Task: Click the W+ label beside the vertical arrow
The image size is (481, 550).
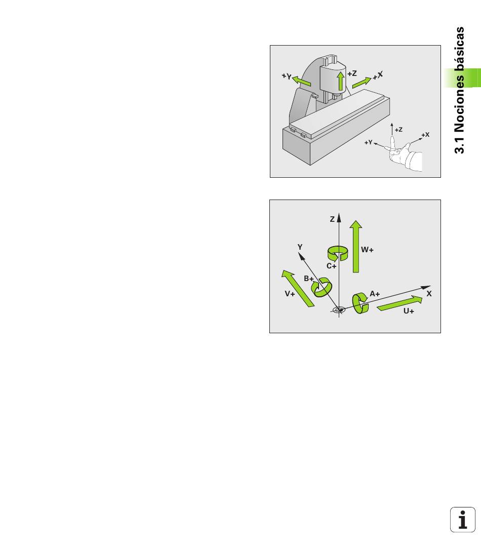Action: click(367, 250)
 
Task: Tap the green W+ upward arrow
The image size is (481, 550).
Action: click(356, 246)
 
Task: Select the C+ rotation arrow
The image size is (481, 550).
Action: click(338, 253)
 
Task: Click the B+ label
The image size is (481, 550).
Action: click(308, 279)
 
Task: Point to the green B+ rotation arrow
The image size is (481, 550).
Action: click(322, 287)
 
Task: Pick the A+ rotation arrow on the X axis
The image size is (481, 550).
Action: click(360, 303)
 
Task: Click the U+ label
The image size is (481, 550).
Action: click(409, 311)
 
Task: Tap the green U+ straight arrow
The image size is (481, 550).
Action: click(399, 303)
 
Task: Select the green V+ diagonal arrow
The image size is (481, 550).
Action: click(298, 288)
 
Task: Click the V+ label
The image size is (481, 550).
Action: click(290, 294)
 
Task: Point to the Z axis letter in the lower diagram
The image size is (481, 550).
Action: click(332, 219)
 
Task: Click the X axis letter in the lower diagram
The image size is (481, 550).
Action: click(429, 294)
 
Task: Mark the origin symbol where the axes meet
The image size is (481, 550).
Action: click(339, 310)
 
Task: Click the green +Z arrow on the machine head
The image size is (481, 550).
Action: click(340, 81)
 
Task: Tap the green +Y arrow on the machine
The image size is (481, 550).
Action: click(301, 81)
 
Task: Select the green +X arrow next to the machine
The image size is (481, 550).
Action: click(362, 83)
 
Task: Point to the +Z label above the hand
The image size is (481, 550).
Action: click(398, 130)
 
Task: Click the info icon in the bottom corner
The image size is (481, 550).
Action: click(462, 520)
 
